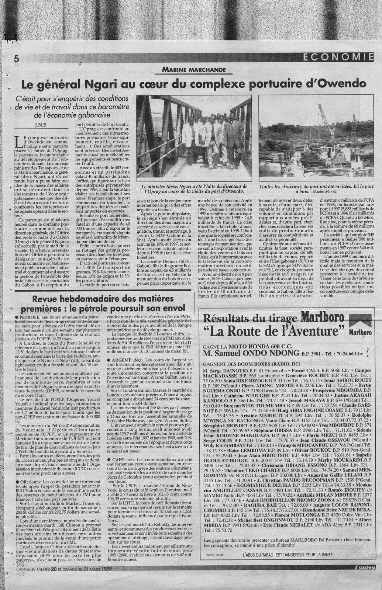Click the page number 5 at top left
(16, 58)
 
